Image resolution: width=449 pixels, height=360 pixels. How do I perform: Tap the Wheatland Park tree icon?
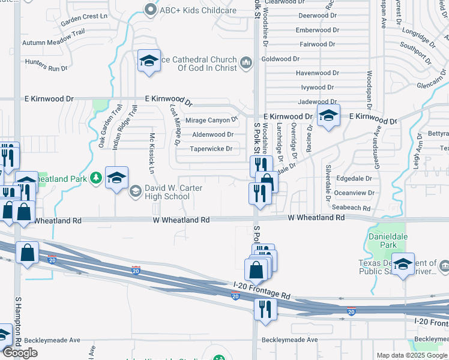pos(95,178)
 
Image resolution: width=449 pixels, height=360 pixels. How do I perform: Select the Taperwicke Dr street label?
pos(211,149)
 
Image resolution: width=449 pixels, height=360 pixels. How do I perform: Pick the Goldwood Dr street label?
pos(280,59)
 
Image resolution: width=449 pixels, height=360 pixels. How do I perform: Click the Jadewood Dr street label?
pos(318,102)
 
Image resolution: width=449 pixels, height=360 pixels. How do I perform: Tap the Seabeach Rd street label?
pos(351,208)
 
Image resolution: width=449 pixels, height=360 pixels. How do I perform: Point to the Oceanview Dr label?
pos(354,193)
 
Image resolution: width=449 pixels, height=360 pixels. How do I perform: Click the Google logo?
pos(20,353)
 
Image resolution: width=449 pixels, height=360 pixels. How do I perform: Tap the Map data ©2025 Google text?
pos(412,355)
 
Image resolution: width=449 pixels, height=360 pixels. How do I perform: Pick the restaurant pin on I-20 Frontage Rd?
pos(263,308)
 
